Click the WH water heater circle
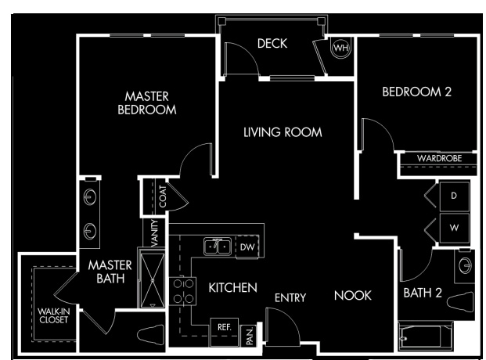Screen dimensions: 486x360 tap(341, 48)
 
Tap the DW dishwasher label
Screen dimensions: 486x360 tap(247, 247)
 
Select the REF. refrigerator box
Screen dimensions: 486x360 tap(225, 332)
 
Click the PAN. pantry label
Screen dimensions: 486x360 tap(250, 336)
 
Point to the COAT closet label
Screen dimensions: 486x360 tap(163, 196)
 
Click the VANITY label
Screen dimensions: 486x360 tap(155, 233)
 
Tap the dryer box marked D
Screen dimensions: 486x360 tap(454, 196)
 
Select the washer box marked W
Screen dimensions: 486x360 tap(454, 229)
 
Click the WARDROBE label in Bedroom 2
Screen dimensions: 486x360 tap(440, 158)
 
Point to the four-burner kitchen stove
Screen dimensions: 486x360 tap(183, 291)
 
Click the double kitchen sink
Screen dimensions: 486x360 tap(218, 247)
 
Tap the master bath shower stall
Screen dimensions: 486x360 tap(153, 280)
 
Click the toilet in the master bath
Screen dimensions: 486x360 tap(151, 335)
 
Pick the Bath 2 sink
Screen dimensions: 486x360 tap(465, 265)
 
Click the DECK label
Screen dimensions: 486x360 tap(272, 43)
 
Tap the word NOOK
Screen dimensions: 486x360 tap(353, 296)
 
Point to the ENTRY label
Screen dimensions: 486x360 tap(290, 298)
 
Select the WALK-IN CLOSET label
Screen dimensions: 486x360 tap(54, 315)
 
